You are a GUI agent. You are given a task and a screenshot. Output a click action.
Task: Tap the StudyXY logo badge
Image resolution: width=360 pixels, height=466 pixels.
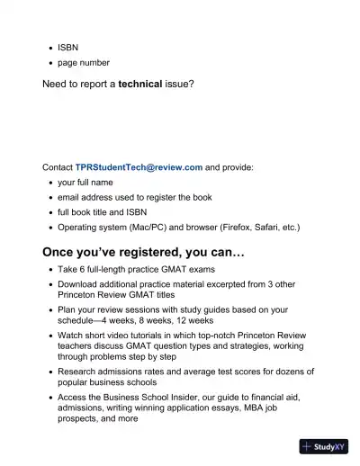coord(324,446)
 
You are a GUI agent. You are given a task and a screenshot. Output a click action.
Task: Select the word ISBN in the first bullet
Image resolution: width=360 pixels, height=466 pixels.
coord(68,46)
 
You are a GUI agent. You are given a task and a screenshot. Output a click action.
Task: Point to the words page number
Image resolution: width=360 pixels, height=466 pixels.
coord(84,62)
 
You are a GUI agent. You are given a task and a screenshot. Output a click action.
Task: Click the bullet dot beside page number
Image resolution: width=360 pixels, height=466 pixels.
coord(49,63)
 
